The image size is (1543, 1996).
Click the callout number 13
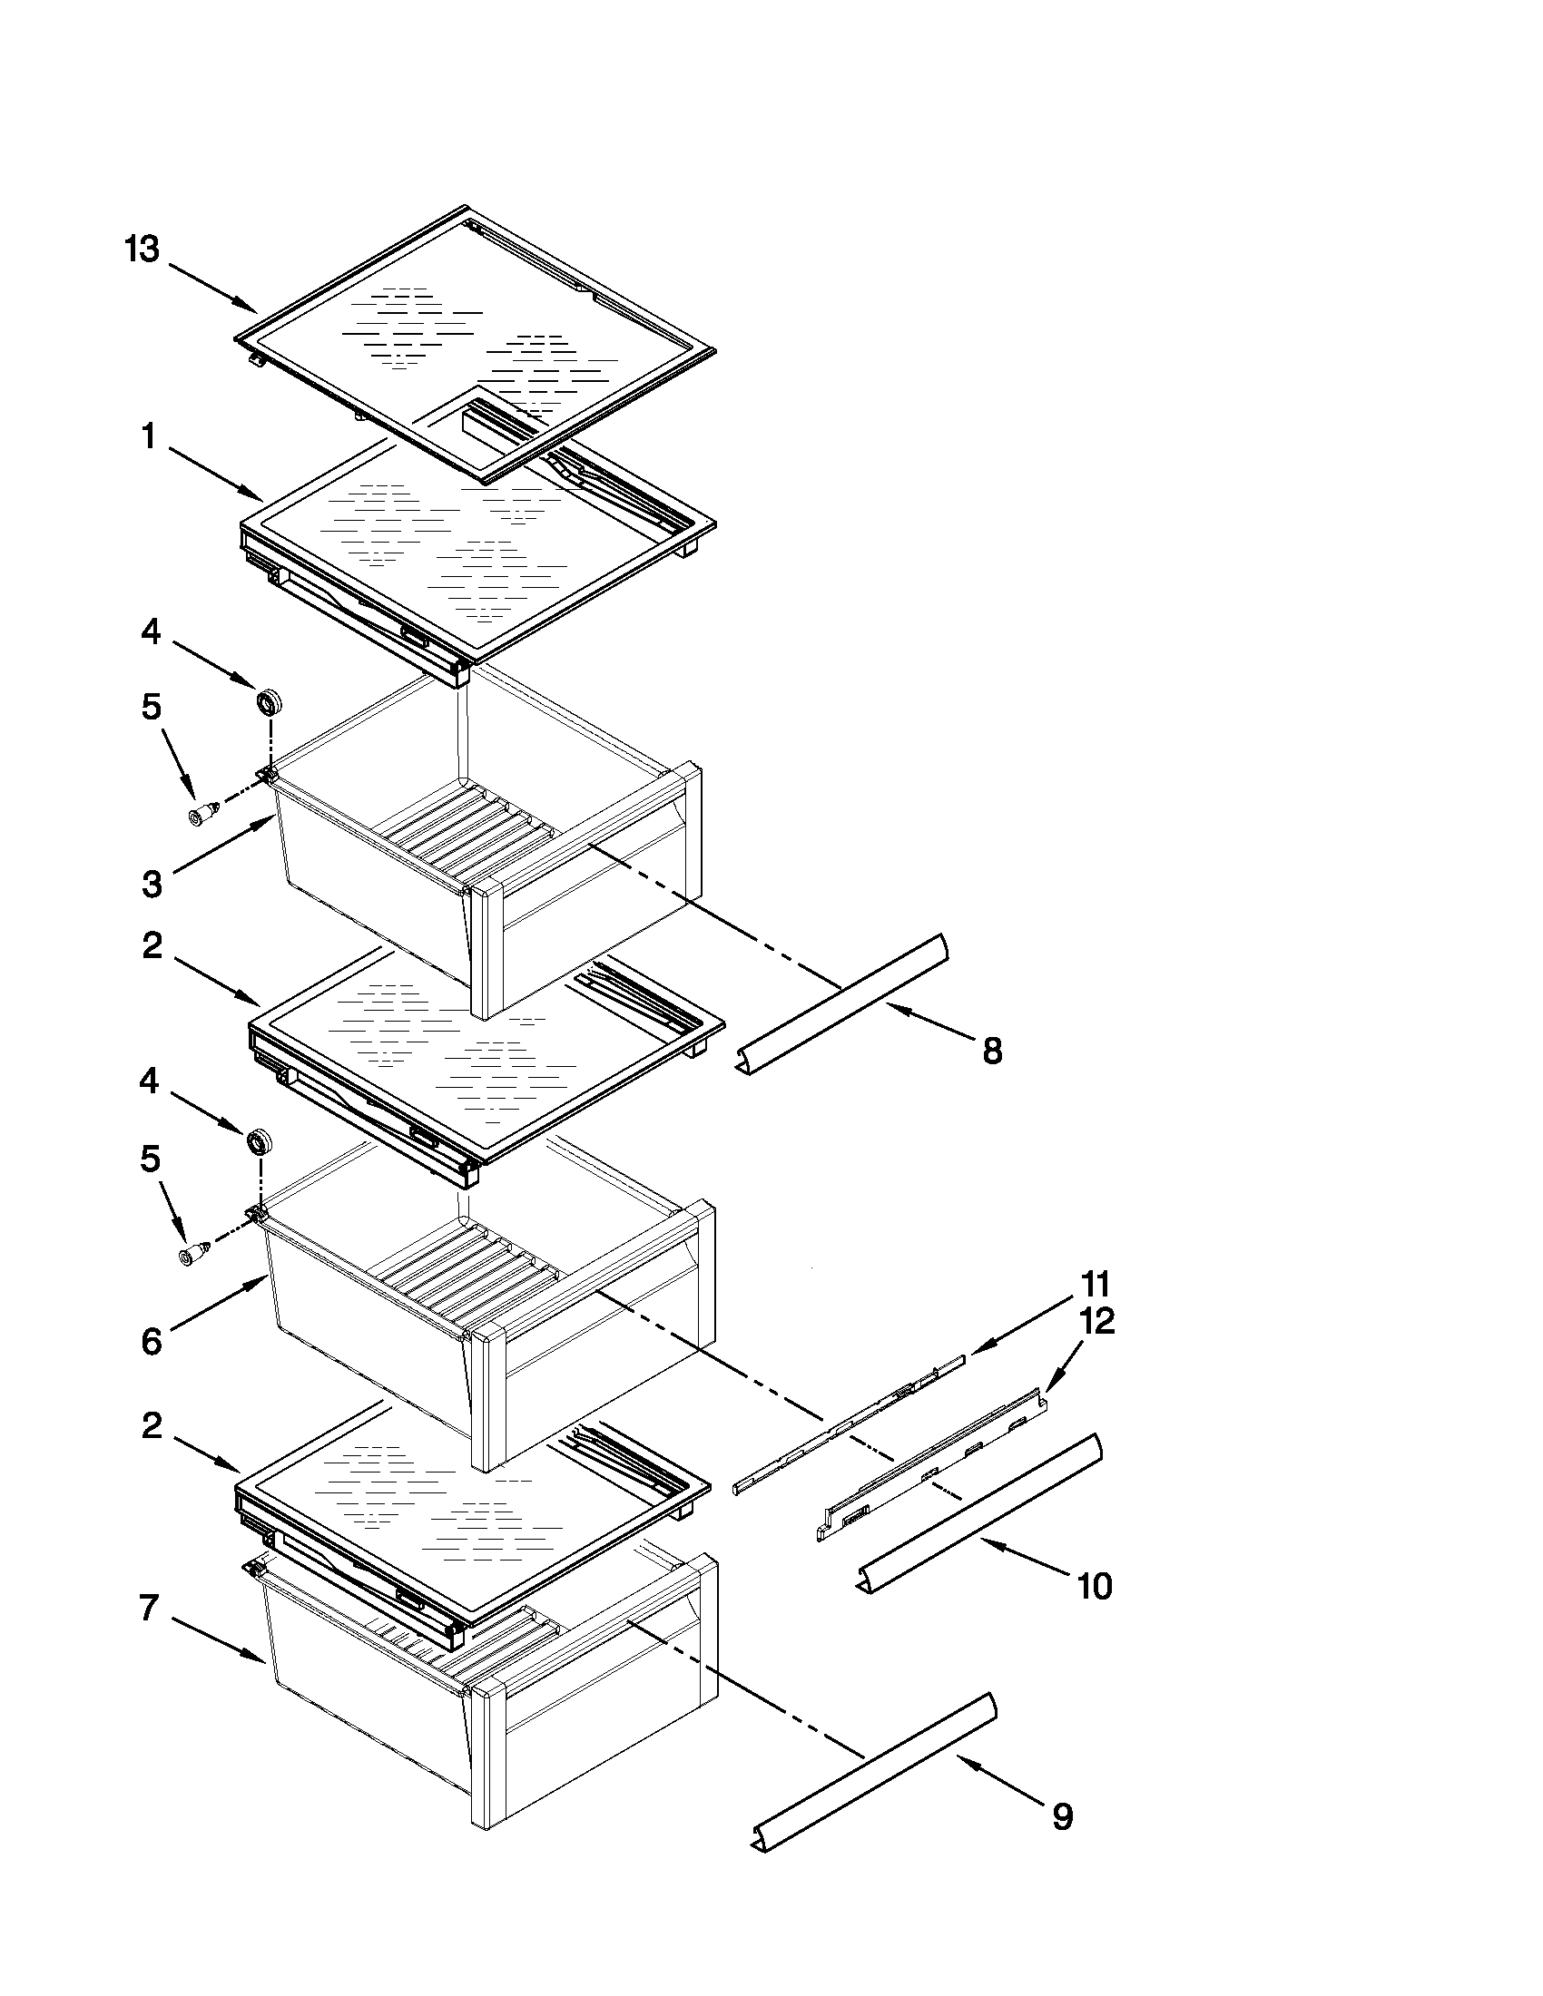pyautogui.click(x=142, y=249)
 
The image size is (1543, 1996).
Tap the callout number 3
pyautogui.click(x=152, y=884)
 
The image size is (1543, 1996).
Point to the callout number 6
pyautogui.click(x=152, y=1342)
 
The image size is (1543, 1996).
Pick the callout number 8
pyautogui.click(x=992, y=1051)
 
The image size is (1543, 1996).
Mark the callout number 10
pyautogui.click(x=1095, y=1586)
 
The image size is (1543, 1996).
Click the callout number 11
pyautogui.click(x=1095, y=1284)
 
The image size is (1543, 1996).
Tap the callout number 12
pyautogui.click(x=1097, y=1322)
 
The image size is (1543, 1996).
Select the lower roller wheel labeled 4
pyautogui.click(x=260, y=1141)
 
